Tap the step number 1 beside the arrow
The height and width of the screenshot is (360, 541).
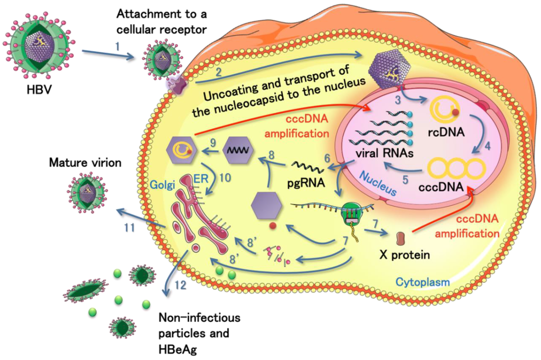click(x=118, y=46)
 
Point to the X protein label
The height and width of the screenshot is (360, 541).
click(x=404, y=254)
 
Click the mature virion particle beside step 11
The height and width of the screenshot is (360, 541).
click(x=88, y=192)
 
